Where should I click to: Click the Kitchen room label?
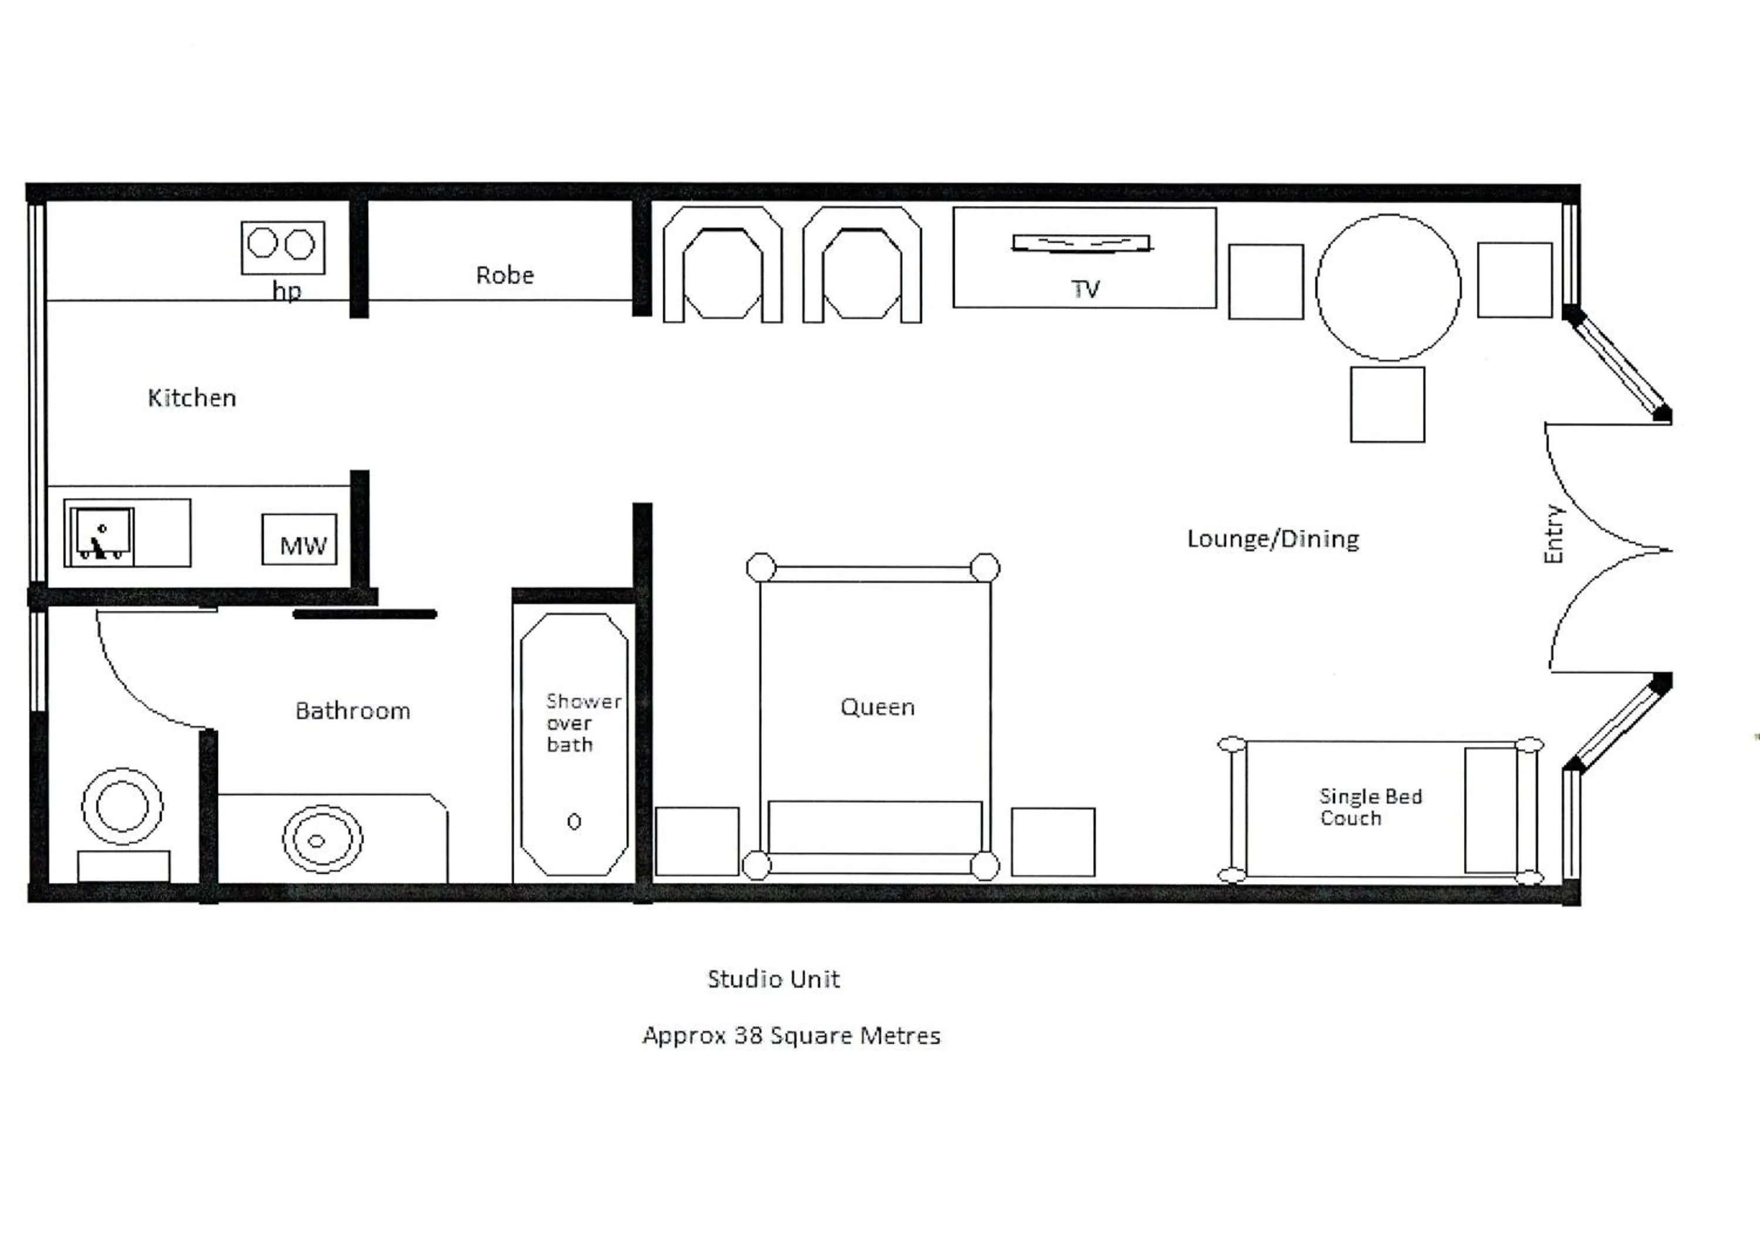coord(192,398)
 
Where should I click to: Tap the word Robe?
coord(505,275)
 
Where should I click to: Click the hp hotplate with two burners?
coord(283,247)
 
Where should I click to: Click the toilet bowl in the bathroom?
coord(123,806)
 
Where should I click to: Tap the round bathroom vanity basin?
coord(322,839)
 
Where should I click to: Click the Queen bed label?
coord(877,707)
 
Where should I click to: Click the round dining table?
coord(1388,287)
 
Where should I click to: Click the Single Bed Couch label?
coord(1370,807)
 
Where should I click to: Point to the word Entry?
coord(1553,534)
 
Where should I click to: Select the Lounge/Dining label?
coord(1272,539)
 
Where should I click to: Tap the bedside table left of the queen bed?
coord(697,841)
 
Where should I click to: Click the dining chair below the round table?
coord(1387,405)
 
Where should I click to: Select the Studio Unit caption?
coord(773,979)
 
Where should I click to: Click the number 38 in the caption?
coord(747,1036)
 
